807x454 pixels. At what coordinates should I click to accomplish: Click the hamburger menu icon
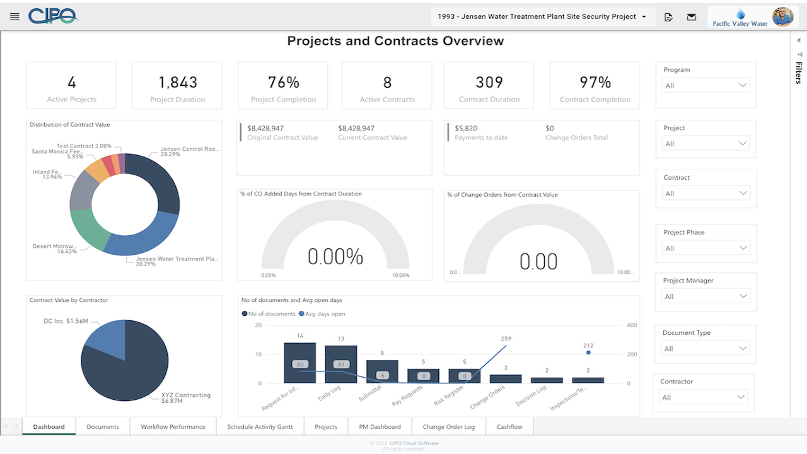pyautogui.click(x=15, y=16)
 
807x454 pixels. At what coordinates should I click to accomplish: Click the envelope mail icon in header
pyautogui.click(x=692, y=17)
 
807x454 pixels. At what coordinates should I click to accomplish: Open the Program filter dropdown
pyautogui.click(x=706, y=86)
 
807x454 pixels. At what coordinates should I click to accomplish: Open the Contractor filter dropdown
pyautogui.click(x=703, y=397)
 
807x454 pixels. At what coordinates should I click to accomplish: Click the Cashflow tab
pyautogui.click(x=509, y=427)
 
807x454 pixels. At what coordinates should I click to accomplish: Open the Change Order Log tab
pyautogui.click(x=448, y=427)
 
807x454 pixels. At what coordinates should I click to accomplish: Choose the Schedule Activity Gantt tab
pyautogui.click(x=260, y=427)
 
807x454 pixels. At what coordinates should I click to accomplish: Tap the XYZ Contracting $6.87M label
pyautogui.click(x=185, y=398)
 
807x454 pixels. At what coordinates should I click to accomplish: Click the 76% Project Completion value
pyautogui.click(x=284, y=83)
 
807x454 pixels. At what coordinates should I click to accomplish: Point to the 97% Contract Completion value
pyautogui.click(x=595, y=83)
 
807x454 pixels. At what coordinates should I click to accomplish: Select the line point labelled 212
pyautogui.click(x=588, y=352)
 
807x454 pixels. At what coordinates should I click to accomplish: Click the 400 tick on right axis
pyautogui.click(x=632, y=325)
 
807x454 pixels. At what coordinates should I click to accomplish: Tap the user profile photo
pyautogui.click(x=782, y=16)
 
